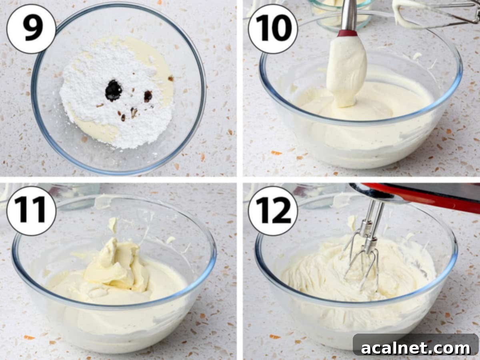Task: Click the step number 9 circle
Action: click(x=31, y=29)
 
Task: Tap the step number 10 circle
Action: click(x=273, y=29)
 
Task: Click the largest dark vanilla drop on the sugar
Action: click(x=114, y=90)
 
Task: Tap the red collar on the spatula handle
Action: click(x=347, y=33)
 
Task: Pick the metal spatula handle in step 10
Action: click(x=349, y=14)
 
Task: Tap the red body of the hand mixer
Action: click(x=432, y=196)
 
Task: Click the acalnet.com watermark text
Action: click(x=416, y=348)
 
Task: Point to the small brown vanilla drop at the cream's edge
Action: click(x=171, y=78)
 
